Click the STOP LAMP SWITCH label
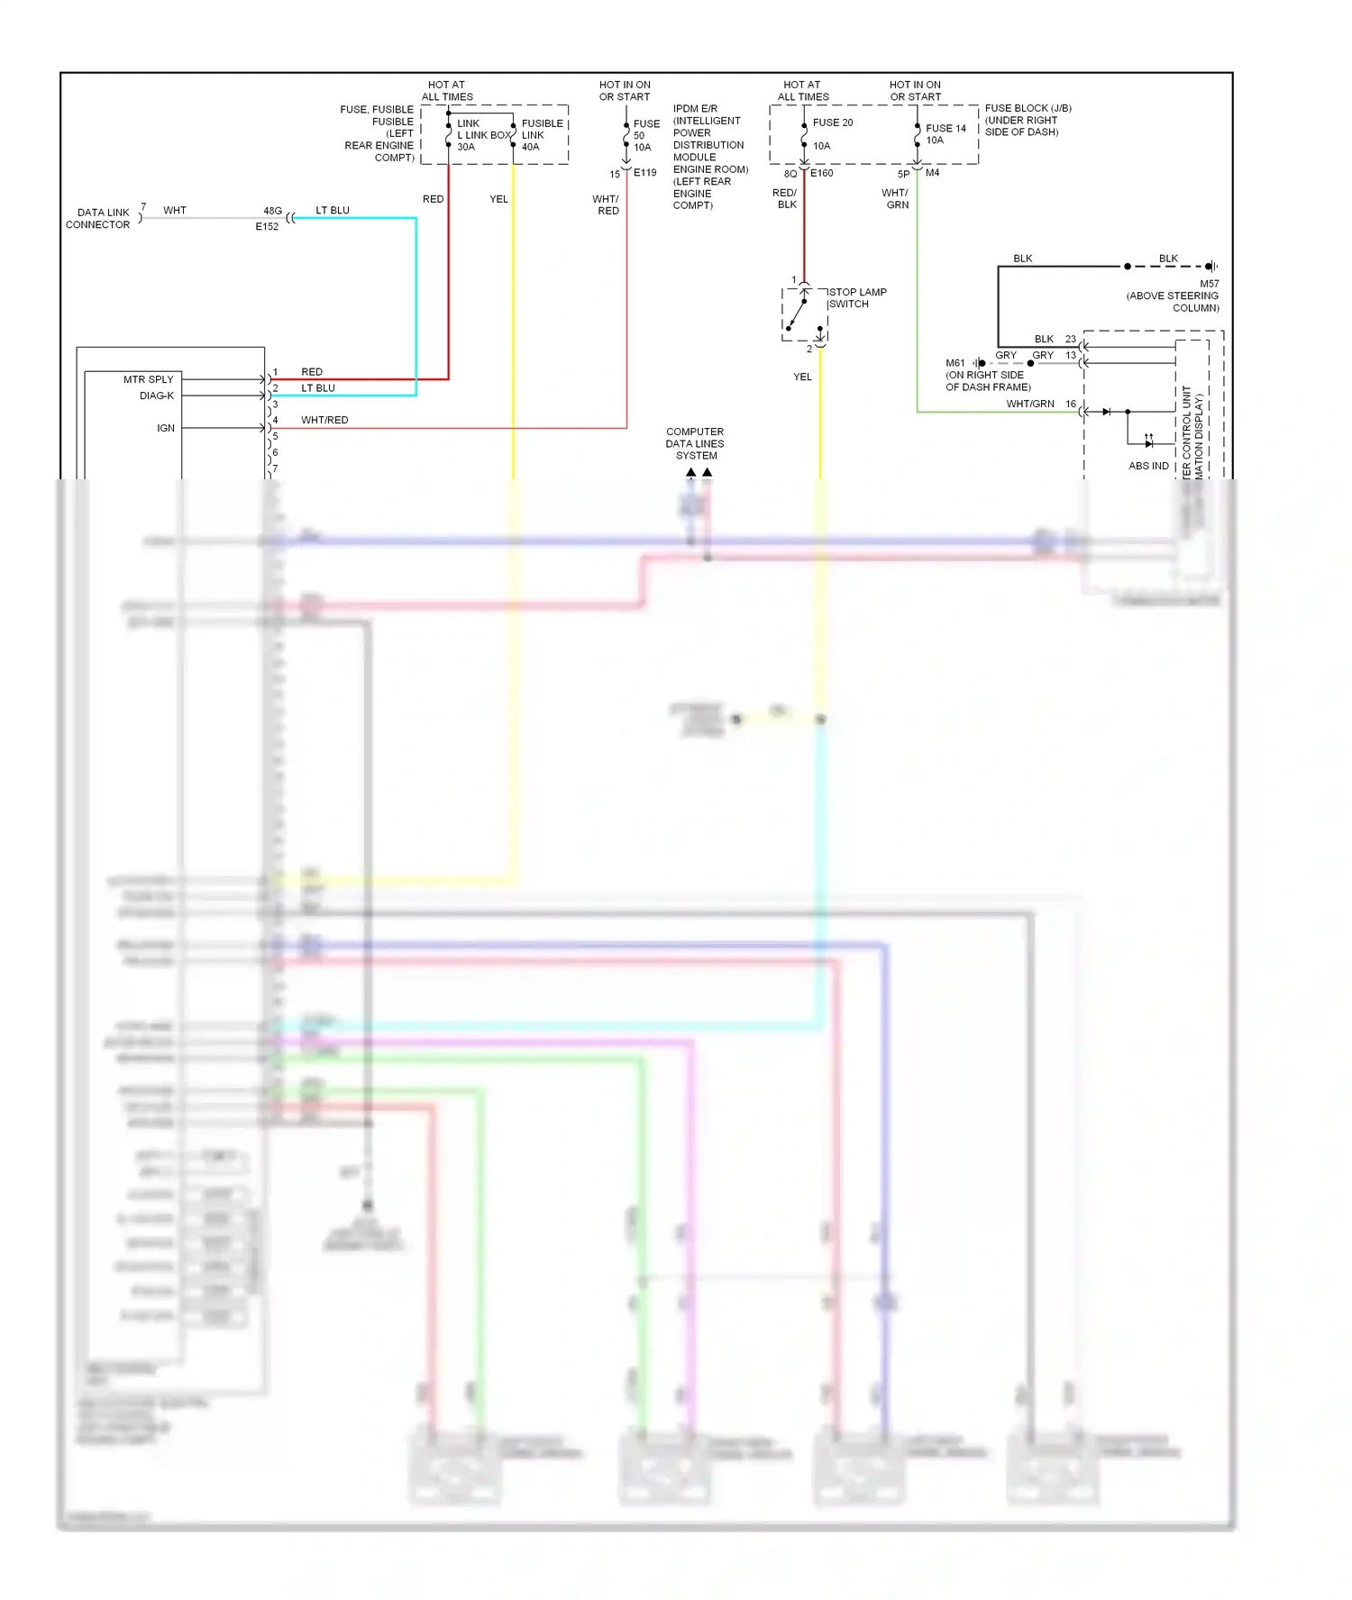coord(857,298)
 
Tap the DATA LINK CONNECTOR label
coord(98,219)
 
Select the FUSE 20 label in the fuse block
coord(833,123)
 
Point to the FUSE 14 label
coord(945,129)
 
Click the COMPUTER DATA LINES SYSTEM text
coord(695,444)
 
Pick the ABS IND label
coord(1148,466)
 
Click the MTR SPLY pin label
coord(148,380)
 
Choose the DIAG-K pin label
coord(157,396)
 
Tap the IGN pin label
coord(166,429)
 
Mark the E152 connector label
coord(267,227)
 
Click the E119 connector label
coord(645,173)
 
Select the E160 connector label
coord(822,173)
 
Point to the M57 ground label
coord(1209,284)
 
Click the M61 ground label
coord(955,363)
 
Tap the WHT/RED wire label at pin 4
coord(324,421)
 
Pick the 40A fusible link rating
coord(531,147)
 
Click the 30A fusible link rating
coord(466,147)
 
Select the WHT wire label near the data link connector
coord(175,211)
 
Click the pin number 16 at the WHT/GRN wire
coord(1071,405)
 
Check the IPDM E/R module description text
coord(710,157)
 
